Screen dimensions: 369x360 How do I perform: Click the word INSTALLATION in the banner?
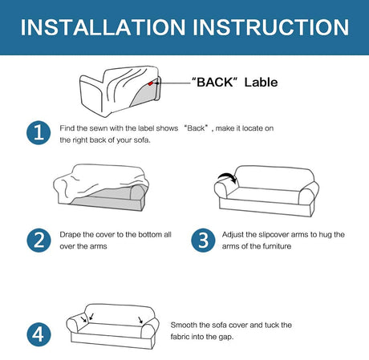coord(103,27)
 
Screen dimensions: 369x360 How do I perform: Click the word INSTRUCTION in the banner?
coord(270,27)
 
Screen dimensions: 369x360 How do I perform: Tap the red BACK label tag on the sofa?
coord(151,83)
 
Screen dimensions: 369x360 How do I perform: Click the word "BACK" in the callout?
coord(215,82)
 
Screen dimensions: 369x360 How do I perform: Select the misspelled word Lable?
coord(261,82)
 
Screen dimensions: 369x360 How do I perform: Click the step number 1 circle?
coord(39,133)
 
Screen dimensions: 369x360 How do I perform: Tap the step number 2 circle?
coord(39,240)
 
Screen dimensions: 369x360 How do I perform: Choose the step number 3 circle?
coord(203,240)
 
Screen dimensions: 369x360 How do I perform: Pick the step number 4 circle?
coord(39,334)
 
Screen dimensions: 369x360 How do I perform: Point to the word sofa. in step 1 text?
coord(142,140)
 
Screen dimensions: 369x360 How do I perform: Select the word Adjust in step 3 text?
coord(233,235)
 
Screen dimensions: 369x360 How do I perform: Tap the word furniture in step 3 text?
coord(277,246)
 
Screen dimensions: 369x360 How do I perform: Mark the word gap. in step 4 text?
coord(226,338)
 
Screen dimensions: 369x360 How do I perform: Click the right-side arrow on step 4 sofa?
coord(140,320)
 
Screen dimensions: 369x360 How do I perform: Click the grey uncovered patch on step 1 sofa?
coord(144,95)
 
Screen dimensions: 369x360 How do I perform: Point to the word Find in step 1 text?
coord(67,128)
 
